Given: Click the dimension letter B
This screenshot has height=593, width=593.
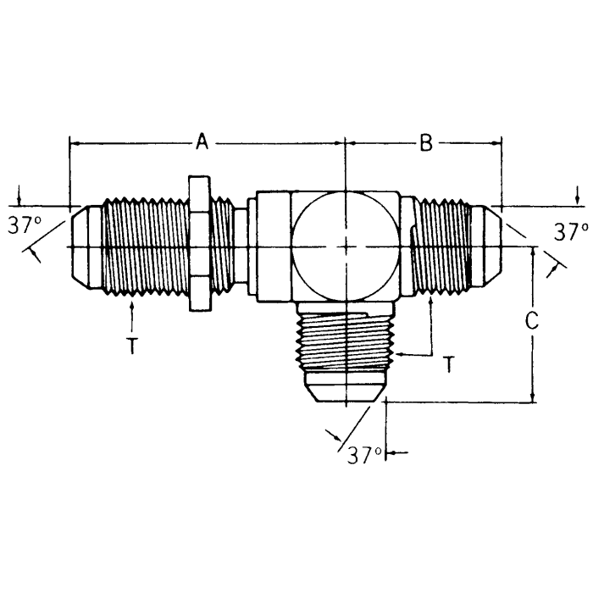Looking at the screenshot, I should [425, 142].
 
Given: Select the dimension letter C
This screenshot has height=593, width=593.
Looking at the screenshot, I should [530, 321].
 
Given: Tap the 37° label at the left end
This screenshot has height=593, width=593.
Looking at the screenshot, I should [24, 226].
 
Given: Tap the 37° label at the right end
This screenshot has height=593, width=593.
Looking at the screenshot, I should [572, 231].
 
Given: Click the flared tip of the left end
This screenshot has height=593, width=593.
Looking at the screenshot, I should [86, 247].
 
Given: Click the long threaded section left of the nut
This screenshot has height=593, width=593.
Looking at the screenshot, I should [144, 247].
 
